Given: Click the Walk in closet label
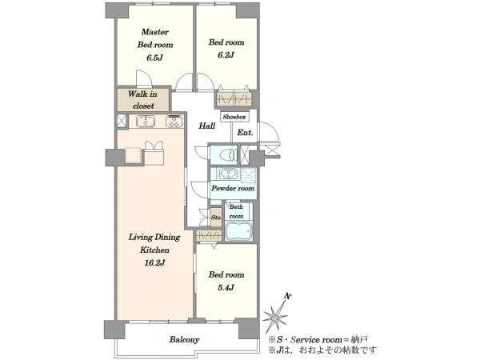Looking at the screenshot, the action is [142, 100].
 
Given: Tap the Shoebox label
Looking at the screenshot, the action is [234, 117].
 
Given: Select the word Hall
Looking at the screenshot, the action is [207, 126].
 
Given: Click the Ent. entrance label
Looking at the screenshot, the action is [246, 133].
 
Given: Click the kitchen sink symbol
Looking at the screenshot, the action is [146, 121].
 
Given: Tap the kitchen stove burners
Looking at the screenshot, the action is [174, 122].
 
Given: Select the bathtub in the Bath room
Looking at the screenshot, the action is [238, 231].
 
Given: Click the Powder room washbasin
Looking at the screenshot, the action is [227, 174].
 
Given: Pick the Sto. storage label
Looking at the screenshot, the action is [216, 218].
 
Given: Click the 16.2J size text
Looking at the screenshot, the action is [154, 262].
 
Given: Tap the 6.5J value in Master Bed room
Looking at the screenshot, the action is [154, 58].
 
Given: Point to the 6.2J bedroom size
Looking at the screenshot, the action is [226, 55].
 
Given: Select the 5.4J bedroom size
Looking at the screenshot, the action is [226, 288].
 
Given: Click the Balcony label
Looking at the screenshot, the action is [185, 339].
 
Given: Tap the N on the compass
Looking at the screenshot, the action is [287, 296].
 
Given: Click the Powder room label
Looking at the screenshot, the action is [233, 188].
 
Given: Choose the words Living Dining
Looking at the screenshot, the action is [154, 238].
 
